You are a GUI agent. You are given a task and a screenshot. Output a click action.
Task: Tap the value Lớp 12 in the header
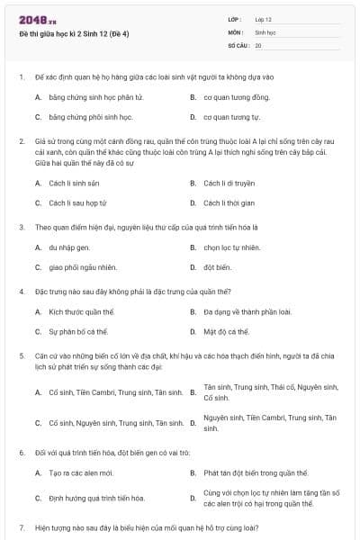[263, 19]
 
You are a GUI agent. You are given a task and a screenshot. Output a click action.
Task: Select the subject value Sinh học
[265, 31]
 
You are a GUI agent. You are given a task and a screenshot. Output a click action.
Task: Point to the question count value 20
[258, 44]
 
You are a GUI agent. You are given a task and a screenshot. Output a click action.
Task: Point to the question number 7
[22, 526]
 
